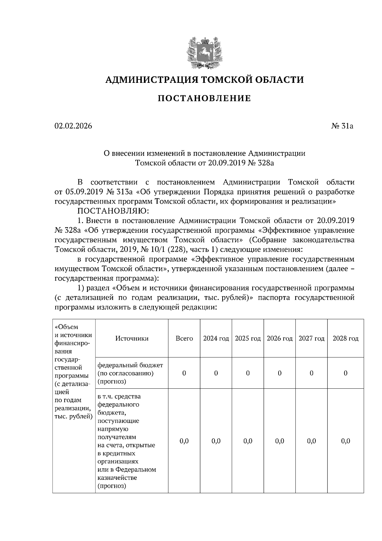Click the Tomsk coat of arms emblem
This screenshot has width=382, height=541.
(x=204, y=53)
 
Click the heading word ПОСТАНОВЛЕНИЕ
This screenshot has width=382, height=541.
(x=204, y=98)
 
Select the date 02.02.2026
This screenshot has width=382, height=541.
(x=73, y=126)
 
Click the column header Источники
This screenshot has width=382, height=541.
(x=132, y=338)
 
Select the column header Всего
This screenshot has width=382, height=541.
(x=184, y=338)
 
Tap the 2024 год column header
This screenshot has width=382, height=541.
(x=216, y=338)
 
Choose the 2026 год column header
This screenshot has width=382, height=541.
(x=279, y=338)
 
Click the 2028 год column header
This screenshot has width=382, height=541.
(x=345, y=338)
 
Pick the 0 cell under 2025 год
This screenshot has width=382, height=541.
(x=248, y=373)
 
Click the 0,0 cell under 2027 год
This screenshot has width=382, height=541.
(x=311, y=441)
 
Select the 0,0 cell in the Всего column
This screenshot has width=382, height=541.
(x=184, y=441)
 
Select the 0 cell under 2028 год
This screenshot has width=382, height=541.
(x=345, y=373)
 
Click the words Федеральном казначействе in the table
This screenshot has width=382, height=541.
(x=127, y=474)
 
